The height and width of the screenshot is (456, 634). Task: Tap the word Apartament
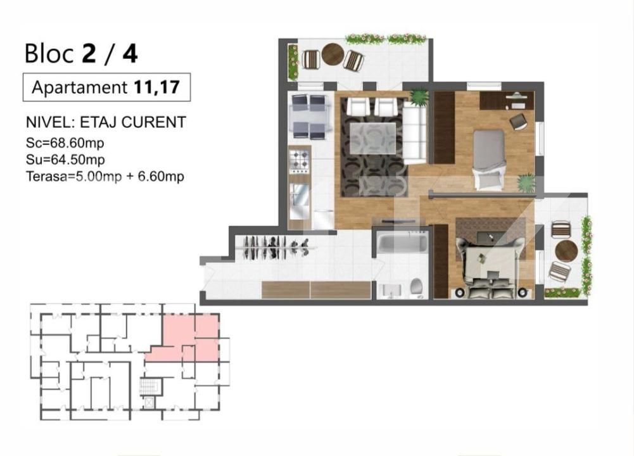(x=80, y=87)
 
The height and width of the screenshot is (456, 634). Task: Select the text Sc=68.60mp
(x=65, y=143)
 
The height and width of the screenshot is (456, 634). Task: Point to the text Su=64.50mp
(x=65, y=160)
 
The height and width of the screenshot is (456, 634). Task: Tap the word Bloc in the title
(x=49, y=54)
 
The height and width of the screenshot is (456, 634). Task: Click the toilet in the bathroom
(x=417, y=287)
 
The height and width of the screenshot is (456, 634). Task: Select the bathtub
(x=402, y=243)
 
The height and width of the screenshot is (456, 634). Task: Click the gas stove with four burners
(x=299, y=159)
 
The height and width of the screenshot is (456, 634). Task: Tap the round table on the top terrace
(x=333, y=54)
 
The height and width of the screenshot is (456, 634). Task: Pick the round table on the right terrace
(x=566, y=251)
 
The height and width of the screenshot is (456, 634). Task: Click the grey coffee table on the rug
(x=372, y=138)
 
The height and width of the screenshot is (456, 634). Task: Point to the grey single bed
(x=489, y=159)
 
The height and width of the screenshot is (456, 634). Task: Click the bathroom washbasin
(x=391, y=291)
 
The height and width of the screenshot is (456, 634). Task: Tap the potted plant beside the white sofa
(x=419, y=97)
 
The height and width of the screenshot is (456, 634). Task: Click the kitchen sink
(x=299, y=197)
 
